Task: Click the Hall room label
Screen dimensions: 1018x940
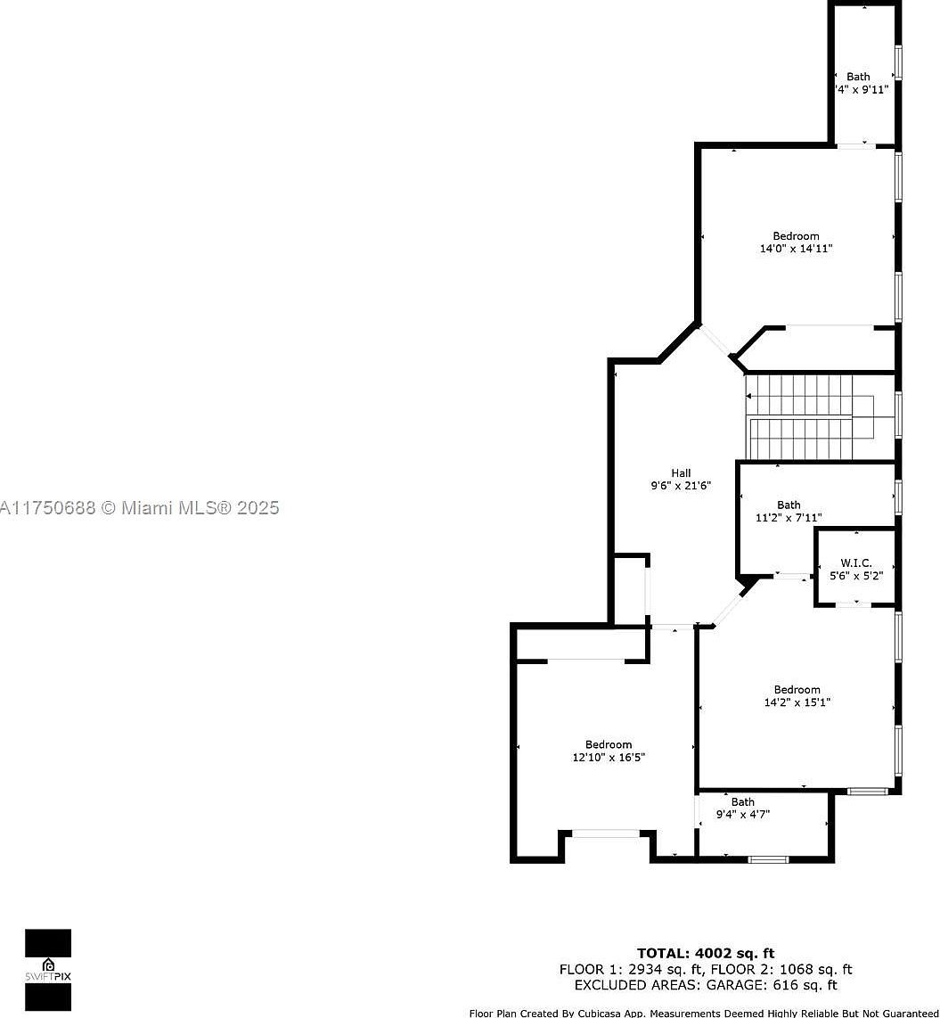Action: point(681,473)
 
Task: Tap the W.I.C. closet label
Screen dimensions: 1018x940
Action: point(855,563)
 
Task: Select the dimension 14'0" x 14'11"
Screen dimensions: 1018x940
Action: point(796,250)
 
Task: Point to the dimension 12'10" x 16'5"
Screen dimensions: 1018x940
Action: point(609,758)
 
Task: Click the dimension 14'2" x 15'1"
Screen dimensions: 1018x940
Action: point(797,702)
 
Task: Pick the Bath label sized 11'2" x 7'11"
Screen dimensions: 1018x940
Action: point(789,505)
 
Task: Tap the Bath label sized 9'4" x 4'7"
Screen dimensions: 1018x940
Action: point(742,802)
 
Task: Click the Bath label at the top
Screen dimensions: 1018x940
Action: point(858,77)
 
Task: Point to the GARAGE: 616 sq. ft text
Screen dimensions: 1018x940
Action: point(772,985)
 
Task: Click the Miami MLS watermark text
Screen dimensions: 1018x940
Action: point(140,508)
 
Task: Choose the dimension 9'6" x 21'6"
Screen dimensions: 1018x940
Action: point(681,487)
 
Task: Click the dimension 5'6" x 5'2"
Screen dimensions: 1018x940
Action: point(855,576)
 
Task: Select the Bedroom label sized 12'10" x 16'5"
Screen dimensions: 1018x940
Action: point(609,745)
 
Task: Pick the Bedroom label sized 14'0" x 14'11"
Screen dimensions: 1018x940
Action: point(796,236)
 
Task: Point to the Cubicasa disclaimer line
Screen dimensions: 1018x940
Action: point(704,1013)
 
